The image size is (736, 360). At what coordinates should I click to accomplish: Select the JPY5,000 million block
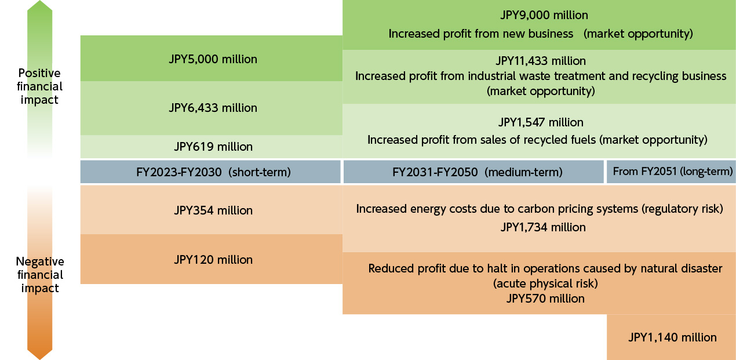point(213,59)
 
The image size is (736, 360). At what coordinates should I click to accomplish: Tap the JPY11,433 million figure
point(541,61)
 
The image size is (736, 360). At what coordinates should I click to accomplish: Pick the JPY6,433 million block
point(213,108)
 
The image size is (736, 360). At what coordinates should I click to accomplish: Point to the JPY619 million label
point(213,147)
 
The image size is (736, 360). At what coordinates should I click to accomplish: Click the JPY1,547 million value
point(541,122)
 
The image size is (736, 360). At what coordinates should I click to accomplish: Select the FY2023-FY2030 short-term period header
point(210,172)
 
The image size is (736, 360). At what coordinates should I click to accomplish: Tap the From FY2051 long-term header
point(672,172)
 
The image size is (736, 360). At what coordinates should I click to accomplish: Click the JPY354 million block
point(213,210)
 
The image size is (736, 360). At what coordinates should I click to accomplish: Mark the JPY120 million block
point(213,260)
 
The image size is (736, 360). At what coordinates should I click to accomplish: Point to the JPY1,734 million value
point(543,227)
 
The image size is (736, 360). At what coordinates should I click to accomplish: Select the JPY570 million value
point(545,299)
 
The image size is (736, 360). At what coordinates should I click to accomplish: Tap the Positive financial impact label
point(39,86)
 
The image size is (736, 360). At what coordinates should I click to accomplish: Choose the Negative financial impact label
point(39,275)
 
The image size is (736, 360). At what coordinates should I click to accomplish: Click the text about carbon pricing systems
point(539,209)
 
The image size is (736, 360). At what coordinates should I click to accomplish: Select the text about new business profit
point(540,34)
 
